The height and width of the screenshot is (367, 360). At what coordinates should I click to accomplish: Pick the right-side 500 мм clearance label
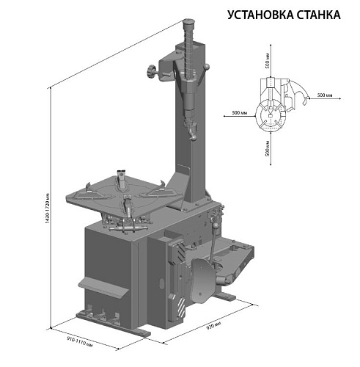click(x=325, y=95)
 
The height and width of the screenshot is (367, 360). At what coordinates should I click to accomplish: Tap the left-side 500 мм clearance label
click(x=238, y=112)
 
